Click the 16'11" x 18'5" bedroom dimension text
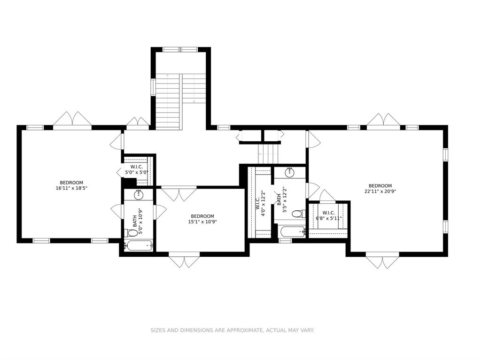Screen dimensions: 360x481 71,188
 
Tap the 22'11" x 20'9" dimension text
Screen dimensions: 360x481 380,191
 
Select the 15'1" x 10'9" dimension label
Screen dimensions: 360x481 202,222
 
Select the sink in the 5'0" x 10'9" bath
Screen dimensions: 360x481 139,195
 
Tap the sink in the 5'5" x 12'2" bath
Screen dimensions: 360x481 290,172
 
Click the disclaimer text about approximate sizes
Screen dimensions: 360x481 232,330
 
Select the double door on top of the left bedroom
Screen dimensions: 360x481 72,119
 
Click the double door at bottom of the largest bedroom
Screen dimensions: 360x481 382,261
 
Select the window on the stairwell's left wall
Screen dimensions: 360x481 153,87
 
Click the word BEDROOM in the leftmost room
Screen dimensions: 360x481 71,183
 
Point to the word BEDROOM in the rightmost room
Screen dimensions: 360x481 380,186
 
